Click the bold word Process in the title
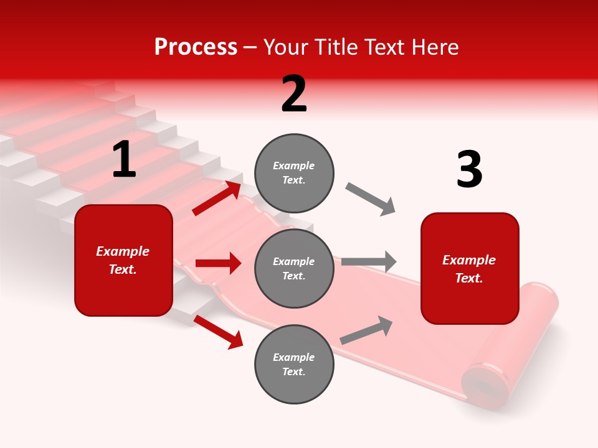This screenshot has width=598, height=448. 196,47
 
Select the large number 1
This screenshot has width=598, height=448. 124,160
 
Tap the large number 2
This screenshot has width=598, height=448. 294,94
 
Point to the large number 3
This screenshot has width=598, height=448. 469,170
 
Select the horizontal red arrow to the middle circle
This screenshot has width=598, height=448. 218,263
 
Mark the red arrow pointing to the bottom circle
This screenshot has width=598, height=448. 219,332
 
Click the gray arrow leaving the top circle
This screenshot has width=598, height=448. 371,199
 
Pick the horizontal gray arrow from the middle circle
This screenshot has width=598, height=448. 369,261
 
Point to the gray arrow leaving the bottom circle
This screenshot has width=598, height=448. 367,330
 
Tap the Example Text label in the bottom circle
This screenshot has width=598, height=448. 294,365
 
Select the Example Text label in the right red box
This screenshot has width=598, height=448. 469,269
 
